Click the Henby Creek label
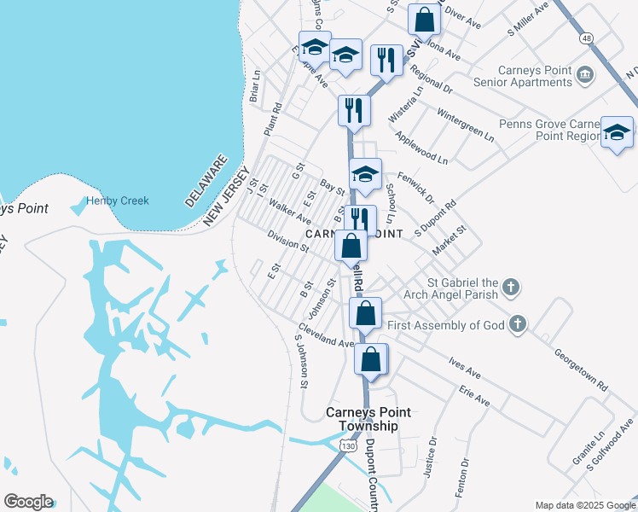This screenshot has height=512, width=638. [118, 201]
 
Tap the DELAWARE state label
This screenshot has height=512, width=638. [206, 180]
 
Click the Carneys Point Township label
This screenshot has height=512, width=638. [362, 419]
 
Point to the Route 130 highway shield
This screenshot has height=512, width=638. [348, 446]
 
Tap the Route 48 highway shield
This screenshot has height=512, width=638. [586, 39]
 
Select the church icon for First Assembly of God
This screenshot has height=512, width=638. [517, 324]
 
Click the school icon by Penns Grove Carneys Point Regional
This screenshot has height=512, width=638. [617, 132]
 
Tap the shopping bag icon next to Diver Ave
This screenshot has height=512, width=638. [424, 19]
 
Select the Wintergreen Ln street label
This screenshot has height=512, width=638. [465, 124]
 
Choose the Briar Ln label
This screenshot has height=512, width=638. [254, 87]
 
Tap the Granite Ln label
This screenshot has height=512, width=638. [588, 450]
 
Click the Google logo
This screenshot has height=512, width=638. [28, 502]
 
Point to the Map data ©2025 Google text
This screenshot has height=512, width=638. [584, 505]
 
